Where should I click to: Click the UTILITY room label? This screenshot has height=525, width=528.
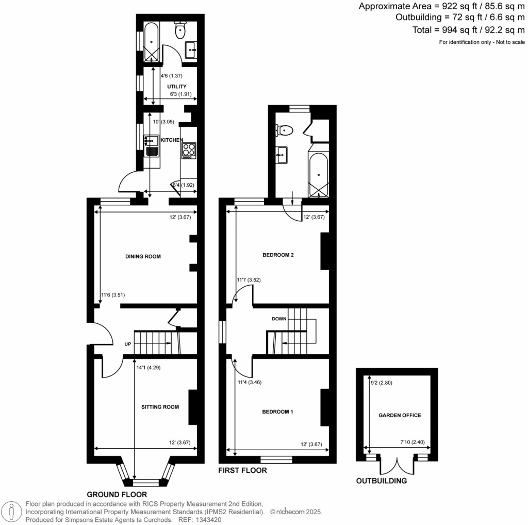click(176, 86)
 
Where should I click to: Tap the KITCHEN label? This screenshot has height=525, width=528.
click(172, 140)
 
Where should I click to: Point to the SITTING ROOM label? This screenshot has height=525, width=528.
click(160, 407)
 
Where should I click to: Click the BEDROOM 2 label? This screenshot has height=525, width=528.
click(278, 255)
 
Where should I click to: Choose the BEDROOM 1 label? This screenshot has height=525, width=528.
click(277, 412)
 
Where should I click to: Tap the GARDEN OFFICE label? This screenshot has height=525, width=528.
click(400, 415)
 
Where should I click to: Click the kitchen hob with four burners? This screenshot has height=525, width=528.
click(189, 150)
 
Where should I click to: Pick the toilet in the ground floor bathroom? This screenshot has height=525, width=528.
click(180, 30)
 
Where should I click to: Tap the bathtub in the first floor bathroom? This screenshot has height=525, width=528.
click(318, 175)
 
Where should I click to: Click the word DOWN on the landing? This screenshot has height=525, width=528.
click(279, 319)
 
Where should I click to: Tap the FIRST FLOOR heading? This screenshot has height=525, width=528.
click(242, 470)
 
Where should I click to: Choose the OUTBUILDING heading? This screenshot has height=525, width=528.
click(382, 481)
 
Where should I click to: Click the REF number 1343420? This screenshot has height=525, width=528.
click(206, 520)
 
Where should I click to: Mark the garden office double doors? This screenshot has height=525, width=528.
click(397, 465)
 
